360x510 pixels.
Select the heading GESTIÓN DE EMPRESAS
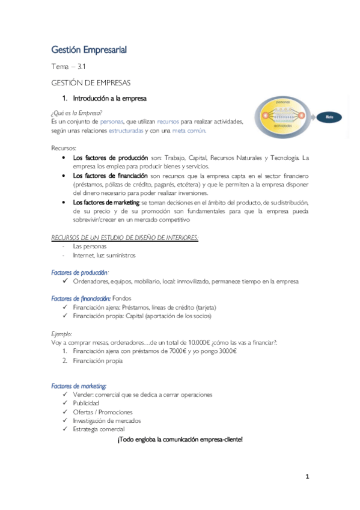point(91,82)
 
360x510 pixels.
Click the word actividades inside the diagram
point(282,126)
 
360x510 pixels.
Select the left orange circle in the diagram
point(263,115)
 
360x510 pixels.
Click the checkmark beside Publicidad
point(66,404)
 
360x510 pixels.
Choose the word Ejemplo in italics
point(62,333)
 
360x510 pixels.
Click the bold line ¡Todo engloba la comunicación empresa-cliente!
point(180,440)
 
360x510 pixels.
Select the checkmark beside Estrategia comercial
point(66,429)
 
